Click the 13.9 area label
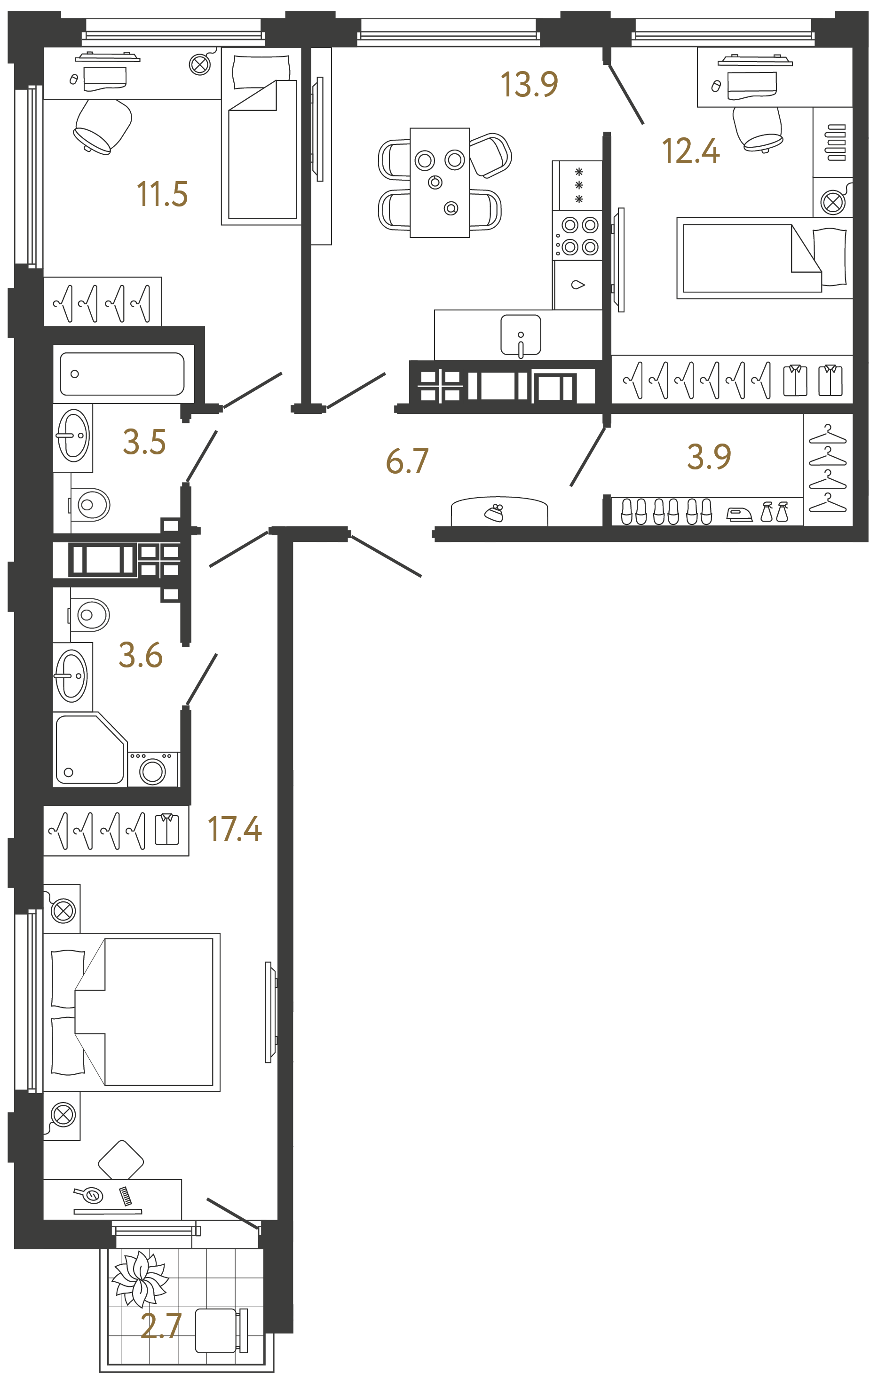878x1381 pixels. click(x=529, y=84)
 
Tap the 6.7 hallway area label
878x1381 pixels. click(x=407, y=461)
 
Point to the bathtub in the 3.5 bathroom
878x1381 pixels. click(x=122, y=374)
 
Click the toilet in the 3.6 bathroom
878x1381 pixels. click(x=91, y=615)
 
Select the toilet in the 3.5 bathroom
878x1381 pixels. click(x=91, y=505)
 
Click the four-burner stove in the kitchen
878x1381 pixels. click(x=578, y=236)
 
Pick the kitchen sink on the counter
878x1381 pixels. click(x=520, y=335)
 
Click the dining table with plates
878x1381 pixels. click(x=439, y=183)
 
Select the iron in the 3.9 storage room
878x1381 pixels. click(x=739, y=515)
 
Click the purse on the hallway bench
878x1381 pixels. click(x=494, y=512)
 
